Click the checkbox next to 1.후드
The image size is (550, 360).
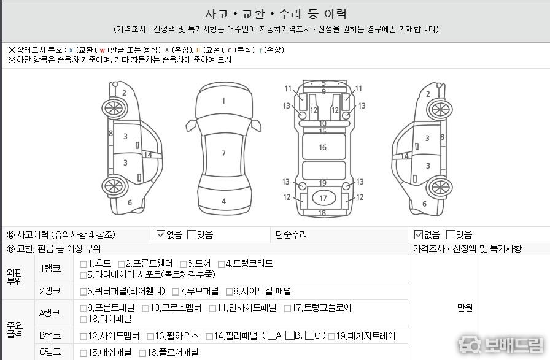[83, 264]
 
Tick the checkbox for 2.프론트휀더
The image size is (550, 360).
[122, 264]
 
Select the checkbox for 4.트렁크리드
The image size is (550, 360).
[222, 264]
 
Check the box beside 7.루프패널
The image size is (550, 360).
[176, 292]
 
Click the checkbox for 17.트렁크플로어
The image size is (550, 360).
[287, 308]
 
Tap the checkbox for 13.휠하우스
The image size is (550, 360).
[150, 337]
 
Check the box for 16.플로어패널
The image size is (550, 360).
[142, 353]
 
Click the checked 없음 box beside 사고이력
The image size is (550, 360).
[161, 234]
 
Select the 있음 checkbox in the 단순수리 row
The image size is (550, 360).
[451, 234]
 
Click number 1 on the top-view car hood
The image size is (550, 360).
[223, 101]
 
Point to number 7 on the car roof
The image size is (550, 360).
[223, 153]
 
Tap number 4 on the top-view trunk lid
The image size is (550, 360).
[223, 201]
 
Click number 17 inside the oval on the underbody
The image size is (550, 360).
[323, 199]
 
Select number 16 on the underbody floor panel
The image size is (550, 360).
[323, 148]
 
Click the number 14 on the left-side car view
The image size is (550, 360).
[148, 155]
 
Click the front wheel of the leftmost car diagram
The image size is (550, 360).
[114, 109]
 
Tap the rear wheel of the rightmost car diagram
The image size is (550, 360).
[440, 187]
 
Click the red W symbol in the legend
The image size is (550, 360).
[102, 50]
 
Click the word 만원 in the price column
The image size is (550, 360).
[465, 307]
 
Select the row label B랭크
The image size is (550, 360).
[50, 335]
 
